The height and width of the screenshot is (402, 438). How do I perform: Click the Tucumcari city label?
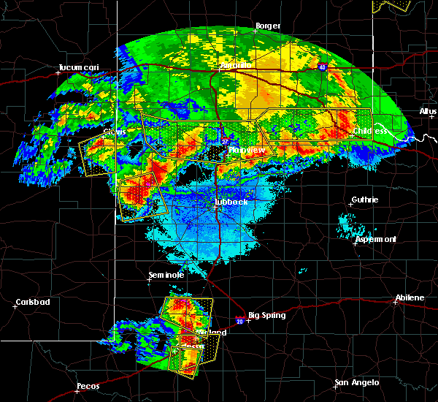click(x=79, y=69)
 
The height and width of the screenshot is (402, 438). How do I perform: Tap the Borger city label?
click(x=268, y=26)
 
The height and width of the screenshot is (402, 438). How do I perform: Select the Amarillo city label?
click(x=236, y=65)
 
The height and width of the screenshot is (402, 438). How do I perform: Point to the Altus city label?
click(x=428, y=111)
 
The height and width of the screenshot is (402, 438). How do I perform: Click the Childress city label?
click(x=372, y=132)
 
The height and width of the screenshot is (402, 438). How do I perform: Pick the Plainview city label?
click(x=247, y=150)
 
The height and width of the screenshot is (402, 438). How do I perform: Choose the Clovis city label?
click(x=114, y=132)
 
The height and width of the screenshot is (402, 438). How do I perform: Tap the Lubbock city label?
click(x=231, y=202)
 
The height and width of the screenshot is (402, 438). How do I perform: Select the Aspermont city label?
click(x=376, y=239)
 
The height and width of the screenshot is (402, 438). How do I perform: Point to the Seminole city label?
click(x=166, y=275)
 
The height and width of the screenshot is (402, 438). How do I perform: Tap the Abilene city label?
click(x=410, y=297)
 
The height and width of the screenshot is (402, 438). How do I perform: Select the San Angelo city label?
click(x=357, y=382)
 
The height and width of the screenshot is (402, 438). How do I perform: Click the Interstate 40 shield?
click(x=322, y=67)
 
